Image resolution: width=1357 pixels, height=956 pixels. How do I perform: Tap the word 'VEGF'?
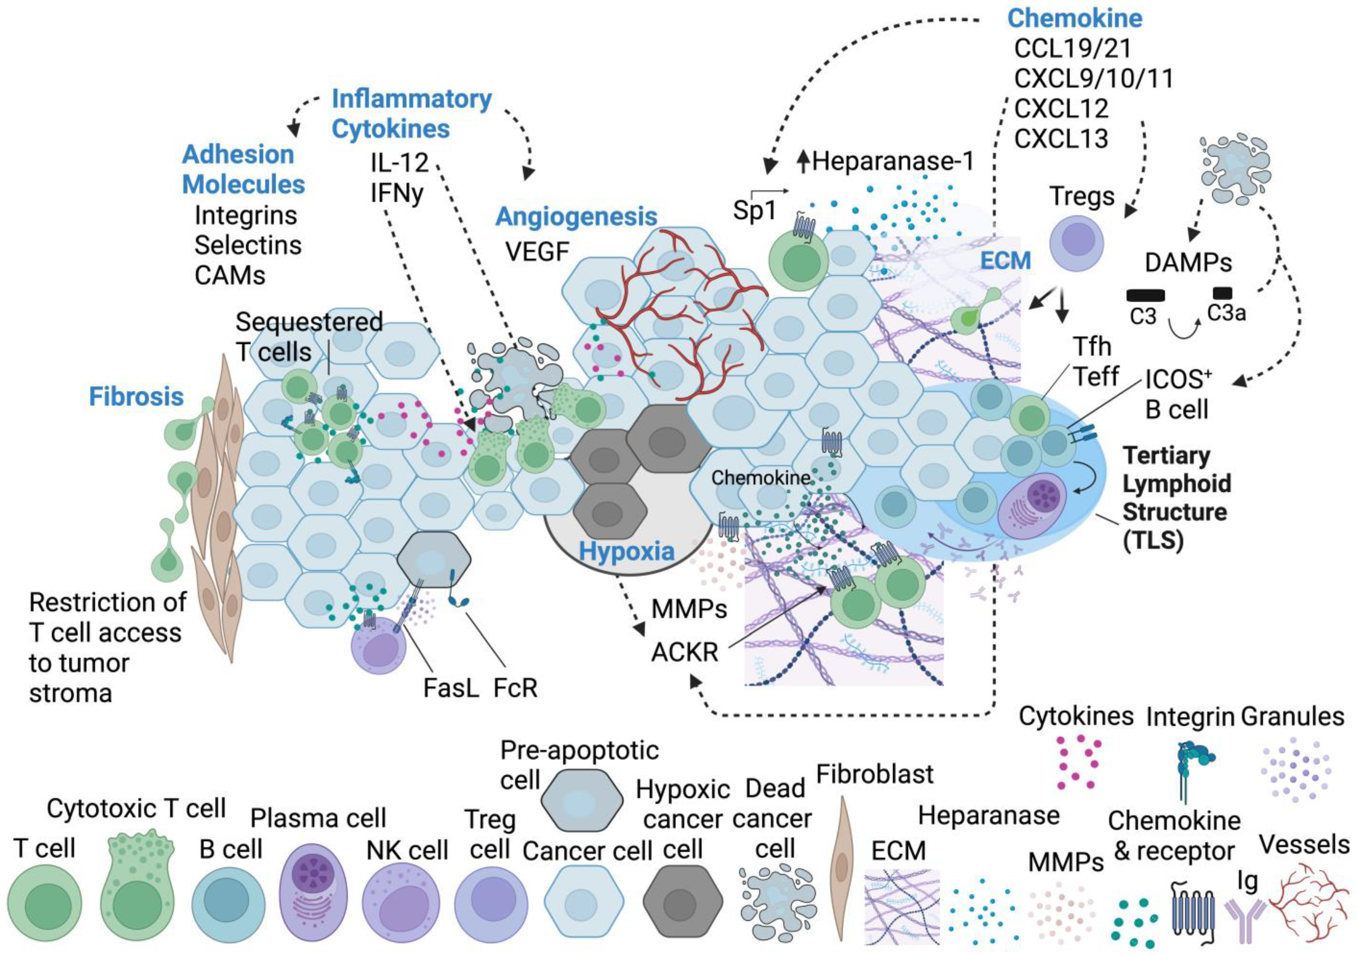[x=537, y=252]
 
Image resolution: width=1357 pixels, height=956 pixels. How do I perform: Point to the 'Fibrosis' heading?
[x=136, y=397]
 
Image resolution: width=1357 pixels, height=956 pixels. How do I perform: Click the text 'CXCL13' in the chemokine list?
[x=1061, y=139]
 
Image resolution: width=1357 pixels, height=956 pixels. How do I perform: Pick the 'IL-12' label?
[x=399, y=162]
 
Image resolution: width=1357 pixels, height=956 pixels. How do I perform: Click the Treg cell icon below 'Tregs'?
[x=1076, y=243]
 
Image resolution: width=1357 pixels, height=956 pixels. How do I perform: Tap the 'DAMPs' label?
[x=1188, y=263]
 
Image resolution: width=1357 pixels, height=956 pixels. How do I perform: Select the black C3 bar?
[x=1145, y=295]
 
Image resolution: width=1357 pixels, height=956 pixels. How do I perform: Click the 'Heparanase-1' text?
[x=892, y=161]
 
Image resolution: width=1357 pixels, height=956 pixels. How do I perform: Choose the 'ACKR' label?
[x=685, y=652]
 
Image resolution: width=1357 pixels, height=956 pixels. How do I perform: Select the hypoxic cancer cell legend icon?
[x=683, y=902]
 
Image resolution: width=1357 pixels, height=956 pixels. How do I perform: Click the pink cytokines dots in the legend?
[x=1076, y=762]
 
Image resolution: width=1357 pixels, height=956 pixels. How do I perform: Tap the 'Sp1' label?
[x=754, y=211]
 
